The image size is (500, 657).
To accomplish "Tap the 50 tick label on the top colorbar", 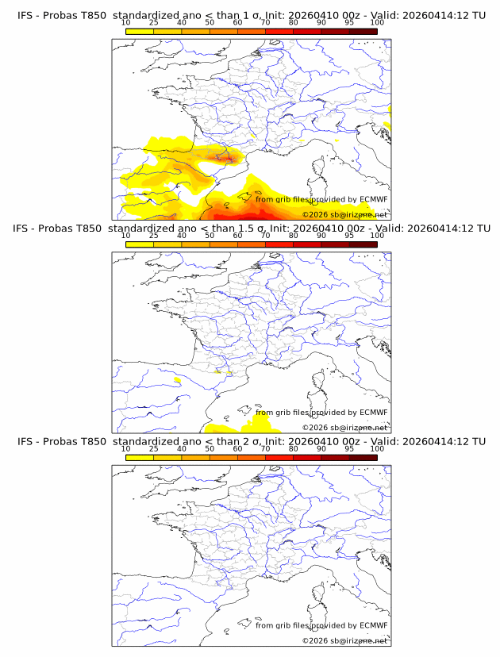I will [210, 23].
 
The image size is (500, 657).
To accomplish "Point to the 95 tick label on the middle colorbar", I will [349, 236].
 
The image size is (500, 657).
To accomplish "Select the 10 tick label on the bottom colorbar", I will [126, 449].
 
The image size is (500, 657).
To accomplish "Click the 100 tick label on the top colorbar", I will [377, 23].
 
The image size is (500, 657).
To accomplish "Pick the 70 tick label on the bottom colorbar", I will [265, 449].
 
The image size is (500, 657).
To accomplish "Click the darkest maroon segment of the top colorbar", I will [363, 31].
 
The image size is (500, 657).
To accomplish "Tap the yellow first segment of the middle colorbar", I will [140, 244].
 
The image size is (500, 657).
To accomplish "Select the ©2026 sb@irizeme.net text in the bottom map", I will [344, 640].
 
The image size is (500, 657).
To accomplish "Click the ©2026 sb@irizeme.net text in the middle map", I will [344, 427].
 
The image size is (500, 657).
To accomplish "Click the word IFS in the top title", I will [25, 15].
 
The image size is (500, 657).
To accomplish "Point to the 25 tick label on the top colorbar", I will [154, 23].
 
